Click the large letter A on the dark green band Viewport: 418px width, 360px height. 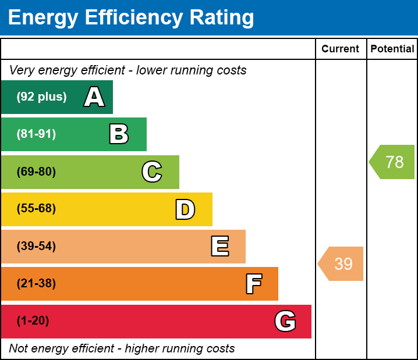click(x=94, y=97)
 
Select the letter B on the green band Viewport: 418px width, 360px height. click(x=119, y=134)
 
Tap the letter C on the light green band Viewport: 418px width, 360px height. click(x=152, y=172)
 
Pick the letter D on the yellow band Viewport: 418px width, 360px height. click(x=185, y=209)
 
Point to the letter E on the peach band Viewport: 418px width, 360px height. click(x=219, y=247)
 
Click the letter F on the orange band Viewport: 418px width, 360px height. click(x=253, y=284)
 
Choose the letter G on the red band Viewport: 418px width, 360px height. click(x=285, y=321)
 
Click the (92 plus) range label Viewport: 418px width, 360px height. click(x=41, y=97)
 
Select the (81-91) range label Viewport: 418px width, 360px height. click(x=36, y=134)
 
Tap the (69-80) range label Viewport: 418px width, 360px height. click(x=36, y=172)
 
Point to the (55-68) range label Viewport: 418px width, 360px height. click(x=36, y=209)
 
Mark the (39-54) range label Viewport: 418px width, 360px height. click(x=36, y=246)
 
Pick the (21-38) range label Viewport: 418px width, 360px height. click(x=36, y=284)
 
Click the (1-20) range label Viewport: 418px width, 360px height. click(x=33, y=321)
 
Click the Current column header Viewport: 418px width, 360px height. click(x=341, y=49)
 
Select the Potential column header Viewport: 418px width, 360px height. click(x=392, y=49)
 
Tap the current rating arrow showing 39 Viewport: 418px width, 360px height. click(x=342, y=264)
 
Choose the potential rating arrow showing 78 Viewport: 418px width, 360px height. click(x=393, y=162)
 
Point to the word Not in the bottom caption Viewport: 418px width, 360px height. click(x=19, y=348)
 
